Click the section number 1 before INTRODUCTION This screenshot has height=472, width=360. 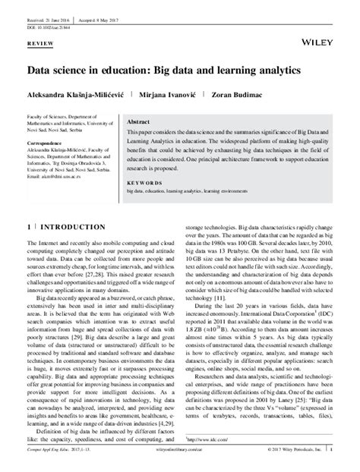coord(29,228)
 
